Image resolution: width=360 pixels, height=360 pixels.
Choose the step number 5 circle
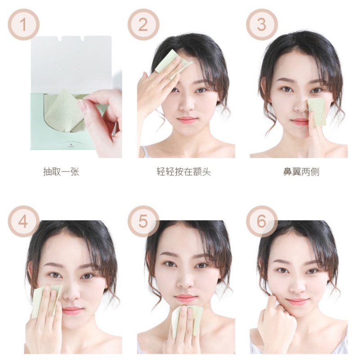click(x=143, y=221)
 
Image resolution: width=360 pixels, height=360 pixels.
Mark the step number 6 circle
click(x=261, y=221)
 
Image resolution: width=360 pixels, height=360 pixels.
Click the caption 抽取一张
click(x=61, y=172)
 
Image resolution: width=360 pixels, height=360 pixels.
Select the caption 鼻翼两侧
click(x=301, y=172)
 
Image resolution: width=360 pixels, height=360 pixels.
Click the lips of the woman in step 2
click(x=187, y=120)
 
